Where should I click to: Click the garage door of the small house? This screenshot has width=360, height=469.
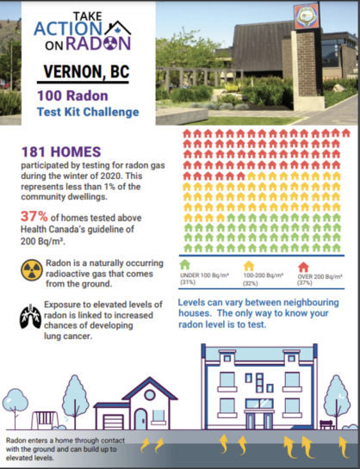(x=113, y=420)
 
